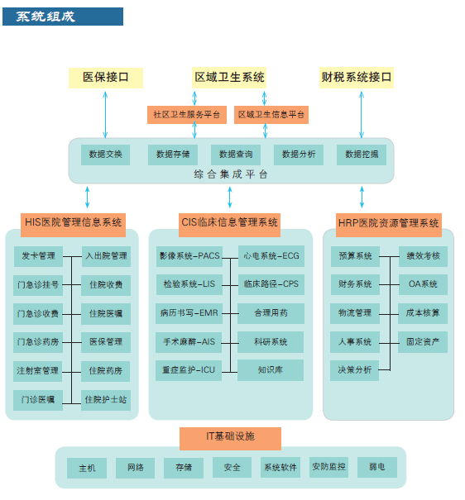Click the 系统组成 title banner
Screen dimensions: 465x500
(x=63, y=17)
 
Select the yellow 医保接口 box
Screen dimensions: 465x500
(x=106, y=78)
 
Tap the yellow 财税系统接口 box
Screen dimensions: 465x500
(x=357, y=77)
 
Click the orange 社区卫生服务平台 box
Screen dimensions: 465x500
(x=187, y=115)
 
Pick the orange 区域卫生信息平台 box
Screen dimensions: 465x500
(x=271, y=115)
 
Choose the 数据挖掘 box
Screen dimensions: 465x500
(x=362, y=155)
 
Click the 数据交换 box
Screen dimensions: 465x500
(x=105, y=155)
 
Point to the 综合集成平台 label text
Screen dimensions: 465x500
(x=230, y=174)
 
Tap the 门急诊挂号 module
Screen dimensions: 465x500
(x=38, y=285)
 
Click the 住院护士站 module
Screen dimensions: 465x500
(x=106, y=400)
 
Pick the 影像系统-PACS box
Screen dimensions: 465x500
(x=189, y=256)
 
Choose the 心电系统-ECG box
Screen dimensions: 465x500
(x=271, y=256)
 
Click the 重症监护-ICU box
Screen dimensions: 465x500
(x=189, y=370)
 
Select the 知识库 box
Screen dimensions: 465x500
(x=271, y=370)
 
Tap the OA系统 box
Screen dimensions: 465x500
(x=423, y=284)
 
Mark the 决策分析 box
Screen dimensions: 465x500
(x=355, y=370)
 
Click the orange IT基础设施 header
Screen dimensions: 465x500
(x=230, y=439)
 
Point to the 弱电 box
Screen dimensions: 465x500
(x=377, y=467)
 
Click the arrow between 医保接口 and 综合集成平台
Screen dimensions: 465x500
(x=105, y=115)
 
